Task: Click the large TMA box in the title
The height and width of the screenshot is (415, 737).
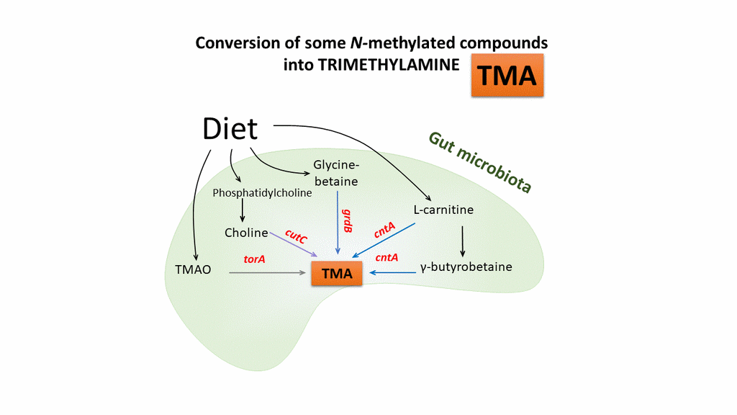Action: pyautogui.click(x=507, y=74)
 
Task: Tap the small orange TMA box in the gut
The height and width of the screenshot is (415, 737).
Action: pyautogui.click(x=337, y=273)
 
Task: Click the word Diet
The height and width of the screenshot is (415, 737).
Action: pyautogui.click(x=230, y=129)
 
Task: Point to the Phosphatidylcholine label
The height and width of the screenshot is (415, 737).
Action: pyautogui.click(x=263, y=193)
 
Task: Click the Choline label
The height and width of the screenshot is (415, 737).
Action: pyautogui.click(x=246, y=233)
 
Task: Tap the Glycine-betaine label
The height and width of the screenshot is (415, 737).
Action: pyautogui.click(x=335, y=173)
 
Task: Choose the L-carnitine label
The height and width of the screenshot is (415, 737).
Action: pyautogui.click(x=443, y=210)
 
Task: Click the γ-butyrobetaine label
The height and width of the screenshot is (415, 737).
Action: pyautogui.click(x=466, y=267)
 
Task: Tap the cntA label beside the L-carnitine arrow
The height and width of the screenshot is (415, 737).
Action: pyautogui.click(x=384, y=231)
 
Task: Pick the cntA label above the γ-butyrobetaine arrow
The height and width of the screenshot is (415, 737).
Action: pyautogui.click(x=387, y=258)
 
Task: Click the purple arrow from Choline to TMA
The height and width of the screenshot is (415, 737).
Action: pyautogui.click(x=294, y=245)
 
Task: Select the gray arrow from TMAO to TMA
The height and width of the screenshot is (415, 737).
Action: pyautogui.click(x=266, y=273)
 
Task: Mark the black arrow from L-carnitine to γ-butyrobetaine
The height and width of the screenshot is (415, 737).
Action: pyautogui.click(x=462, y=241)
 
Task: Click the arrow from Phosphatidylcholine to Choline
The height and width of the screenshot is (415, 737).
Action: pyautogui.click(x=243, y=210)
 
